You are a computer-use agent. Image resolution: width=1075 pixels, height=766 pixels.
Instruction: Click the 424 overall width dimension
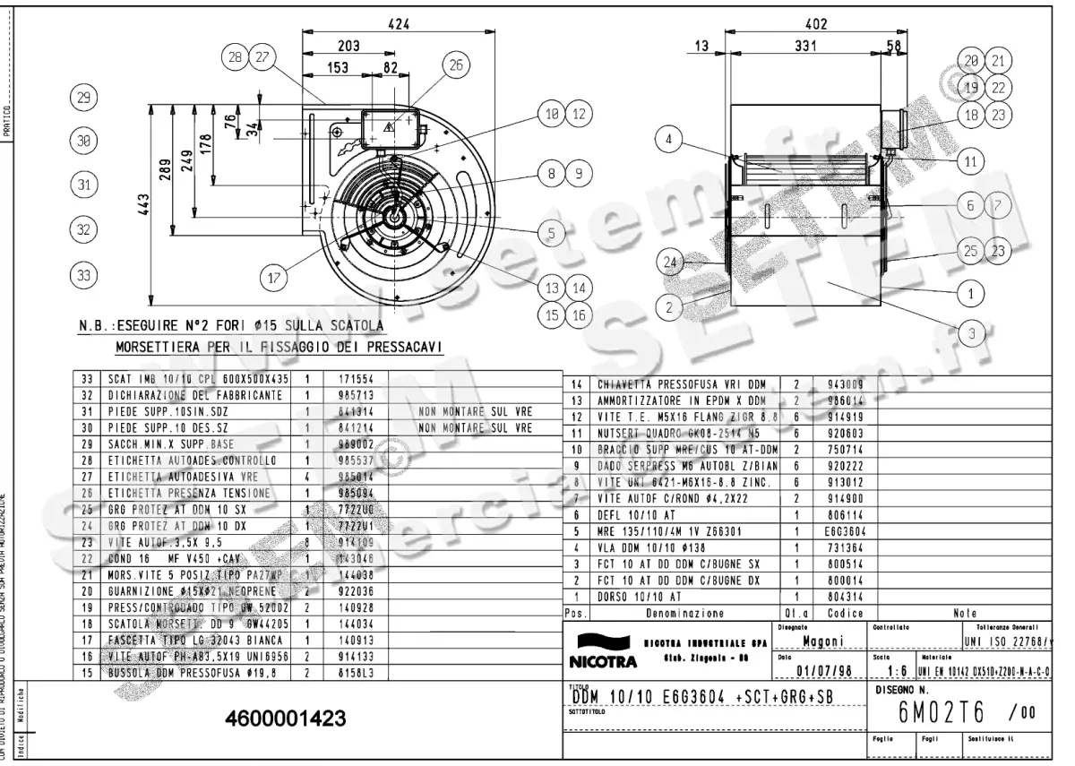(399, 25)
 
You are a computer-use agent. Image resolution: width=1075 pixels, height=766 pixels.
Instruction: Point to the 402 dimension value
(813, 25)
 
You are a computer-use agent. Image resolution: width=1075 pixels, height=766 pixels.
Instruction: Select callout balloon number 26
(456, 65)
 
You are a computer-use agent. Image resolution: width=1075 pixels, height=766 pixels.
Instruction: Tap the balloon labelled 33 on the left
(83, 275)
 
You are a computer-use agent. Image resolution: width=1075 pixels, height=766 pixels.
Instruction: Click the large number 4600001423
(286, 719)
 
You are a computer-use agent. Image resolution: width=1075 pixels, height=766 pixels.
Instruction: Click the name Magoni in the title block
(821, 641)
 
